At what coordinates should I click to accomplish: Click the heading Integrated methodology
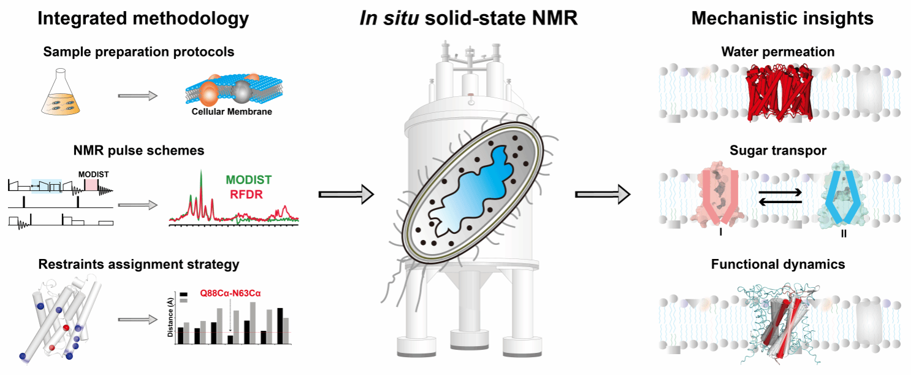point(143,18)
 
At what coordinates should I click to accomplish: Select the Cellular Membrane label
point(232,112)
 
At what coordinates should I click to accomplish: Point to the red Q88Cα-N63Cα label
point(230,293)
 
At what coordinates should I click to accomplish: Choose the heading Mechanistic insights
point(782,18)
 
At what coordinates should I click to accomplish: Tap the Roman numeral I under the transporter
point(721,233)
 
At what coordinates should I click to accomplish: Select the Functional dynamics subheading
point(778,265)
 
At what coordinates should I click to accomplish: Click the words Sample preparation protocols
point(139,52)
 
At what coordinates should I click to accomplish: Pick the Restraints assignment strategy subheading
point(139,265)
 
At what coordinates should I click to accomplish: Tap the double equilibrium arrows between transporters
point(780,198)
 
